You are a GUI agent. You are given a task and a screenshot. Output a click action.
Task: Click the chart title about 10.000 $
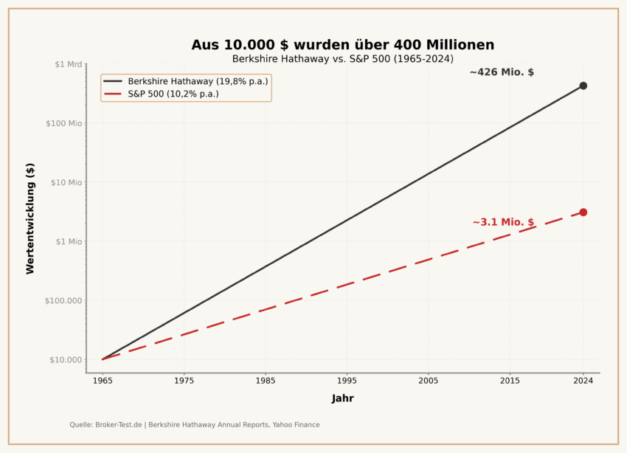[x=342, y=45]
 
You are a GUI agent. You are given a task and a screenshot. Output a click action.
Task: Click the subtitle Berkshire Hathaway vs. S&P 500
[x=342, y=59]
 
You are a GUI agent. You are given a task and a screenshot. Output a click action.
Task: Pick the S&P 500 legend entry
[x=173, y=94]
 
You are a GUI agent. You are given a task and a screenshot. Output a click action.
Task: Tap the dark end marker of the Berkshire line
[x=583, y=86]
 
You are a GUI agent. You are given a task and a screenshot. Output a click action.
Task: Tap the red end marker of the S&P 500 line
[x=583, y=212]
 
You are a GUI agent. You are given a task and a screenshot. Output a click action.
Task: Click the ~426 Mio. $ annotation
[x=502, y=72]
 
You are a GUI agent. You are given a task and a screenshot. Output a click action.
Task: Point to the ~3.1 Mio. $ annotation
[x=503, y=222]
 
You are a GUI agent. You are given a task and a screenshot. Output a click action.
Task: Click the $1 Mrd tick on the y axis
[x=68, y=64]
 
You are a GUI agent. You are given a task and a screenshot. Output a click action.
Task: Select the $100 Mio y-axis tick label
[x=65, y=123]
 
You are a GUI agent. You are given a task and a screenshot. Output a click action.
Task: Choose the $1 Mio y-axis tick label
[x=69, y=241]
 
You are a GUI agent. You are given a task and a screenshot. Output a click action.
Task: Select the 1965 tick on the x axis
[x=103, y=381]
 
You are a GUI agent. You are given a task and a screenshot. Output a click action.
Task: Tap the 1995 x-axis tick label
[x=347, y=381]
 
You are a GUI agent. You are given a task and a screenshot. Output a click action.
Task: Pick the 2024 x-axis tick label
[x=583, y=381]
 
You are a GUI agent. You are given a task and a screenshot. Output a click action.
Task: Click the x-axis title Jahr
[x=342, y=398]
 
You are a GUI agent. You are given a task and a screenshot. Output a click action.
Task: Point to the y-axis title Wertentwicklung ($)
[x=30, y=218]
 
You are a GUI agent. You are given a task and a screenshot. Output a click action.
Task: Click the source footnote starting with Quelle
[x=195, y=425]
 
